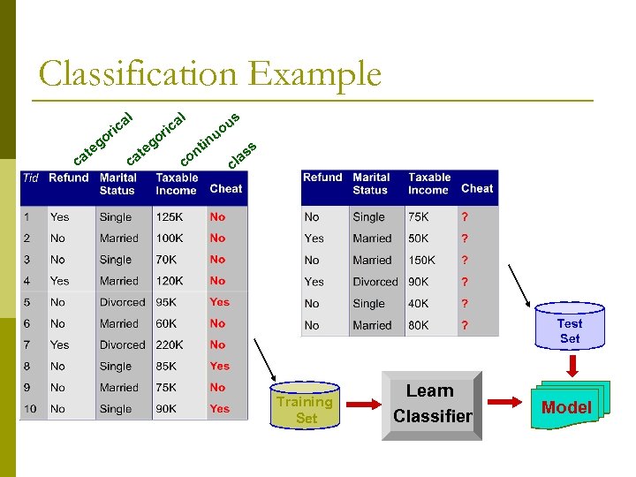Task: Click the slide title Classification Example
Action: point(210,74)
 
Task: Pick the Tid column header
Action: point(31,178)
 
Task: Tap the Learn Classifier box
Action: point(433,404)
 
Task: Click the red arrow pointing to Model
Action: point(505,404)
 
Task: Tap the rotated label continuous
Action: point(210,140)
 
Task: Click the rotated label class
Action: point(242,155)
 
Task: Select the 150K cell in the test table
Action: point(421,261)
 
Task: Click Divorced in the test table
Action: point(375,282)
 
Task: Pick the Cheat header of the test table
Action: point(477,188)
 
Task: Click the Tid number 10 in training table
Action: point(30,409)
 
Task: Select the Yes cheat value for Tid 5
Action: point(219,302)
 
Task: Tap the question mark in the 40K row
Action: point(465,304)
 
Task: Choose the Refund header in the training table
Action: point(69,178)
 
